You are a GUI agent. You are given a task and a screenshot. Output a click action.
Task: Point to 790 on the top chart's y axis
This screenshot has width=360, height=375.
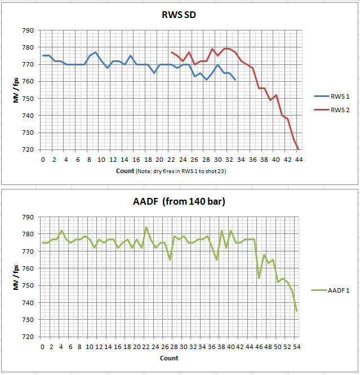28,30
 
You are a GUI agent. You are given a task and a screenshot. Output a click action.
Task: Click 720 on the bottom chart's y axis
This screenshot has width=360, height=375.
28,337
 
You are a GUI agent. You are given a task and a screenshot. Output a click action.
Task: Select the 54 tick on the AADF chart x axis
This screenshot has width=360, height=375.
296,347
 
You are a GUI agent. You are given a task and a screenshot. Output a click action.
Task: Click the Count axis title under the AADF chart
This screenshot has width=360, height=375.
169,358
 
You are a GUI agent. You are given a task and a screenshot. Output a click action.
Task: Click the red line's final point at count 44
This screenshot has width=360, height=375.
299,149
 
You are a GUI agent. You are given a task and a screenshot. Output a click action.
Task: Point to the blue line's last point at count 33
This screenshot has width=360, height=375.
235,80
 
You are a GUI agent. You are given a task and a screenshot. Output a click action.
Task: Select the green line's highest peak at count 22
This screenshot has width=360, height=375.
146,227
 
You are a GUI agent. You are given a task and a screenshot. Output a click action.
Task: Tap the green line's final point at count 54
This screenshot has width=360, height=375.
296,311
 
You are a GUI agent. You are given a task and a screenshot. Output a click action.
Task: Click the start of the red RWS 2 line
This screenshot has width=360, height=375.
171,52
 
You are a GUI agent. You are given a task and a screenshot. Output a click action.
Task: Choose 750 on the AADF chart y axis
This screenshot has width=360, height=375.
28,285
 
